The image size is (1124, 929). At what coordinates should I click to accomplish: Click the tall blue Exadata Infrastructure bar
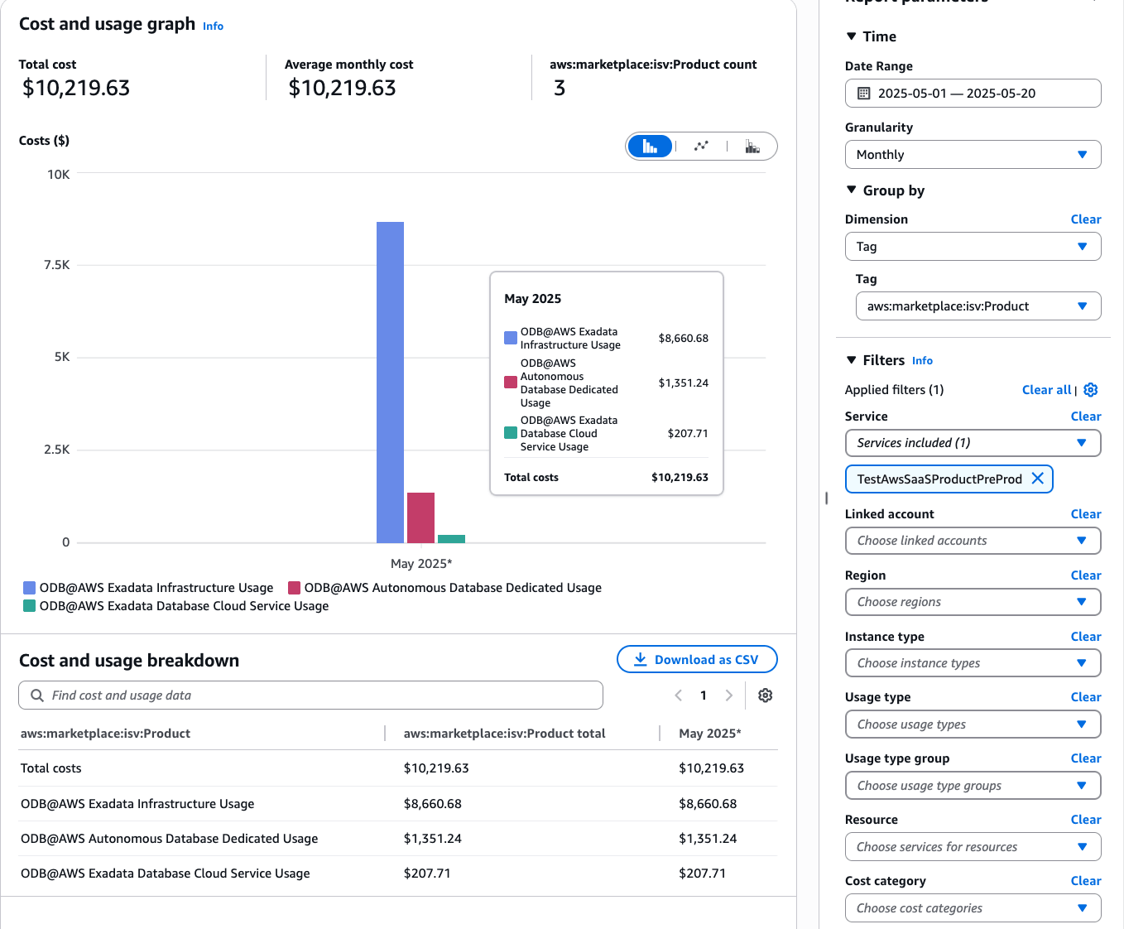click(x=390, y=382)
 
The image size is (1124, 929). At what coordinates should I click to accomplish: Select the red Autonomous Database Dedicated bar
click(x=420, y=517)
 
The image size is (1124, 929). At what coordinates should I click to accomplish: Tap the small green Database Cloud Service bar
click(x=451, y=539)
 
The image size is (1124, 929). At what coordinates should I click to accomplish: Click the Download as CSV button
click(x=697, y=660)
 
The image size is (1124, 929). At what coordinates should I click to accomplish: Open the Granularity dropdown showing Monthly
click(x=973, y=155)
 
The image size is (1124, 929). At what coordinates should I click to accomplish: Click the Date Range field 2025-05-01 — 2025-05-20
click(x=973, y=94)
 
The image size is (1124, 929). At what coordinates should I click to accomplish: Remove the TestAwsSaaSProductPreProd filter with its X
click(x=1037, y=479)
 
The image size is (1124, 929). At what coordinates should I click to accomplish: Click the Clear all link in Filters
click(x=1046, y=390)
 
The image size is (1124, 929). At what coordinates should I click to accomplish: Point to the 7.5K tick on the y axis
click(x=57, y=265)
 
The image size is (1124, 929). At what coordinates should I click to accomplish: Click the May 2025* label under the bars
click(x=421, y=564)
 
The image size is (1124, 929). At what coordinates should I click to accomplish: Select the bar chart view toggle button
click(x=650, y=147)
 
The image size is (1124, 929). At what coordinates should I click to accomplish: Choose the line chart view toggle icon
click(x=701, y=147)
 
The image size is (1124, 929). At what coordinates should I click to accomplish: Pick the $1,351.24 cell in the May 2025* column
click(x=708, y=839)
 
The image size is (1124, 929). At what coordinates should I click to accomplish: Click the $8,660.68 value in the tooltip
click(x=683, y=338)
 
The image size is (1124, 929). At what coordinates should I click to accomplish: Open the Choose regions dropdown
click(x=973, y=602)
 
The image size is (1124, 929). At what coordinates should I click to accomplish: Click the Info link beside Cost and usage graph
click(x=213, y=26)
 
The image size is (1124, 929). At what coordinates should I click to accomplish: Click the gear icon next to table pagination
click(x=766, y=696)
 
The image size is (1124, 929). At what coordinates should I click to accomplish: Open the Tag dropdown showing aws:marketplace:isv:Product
click(x=977, y=306)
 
